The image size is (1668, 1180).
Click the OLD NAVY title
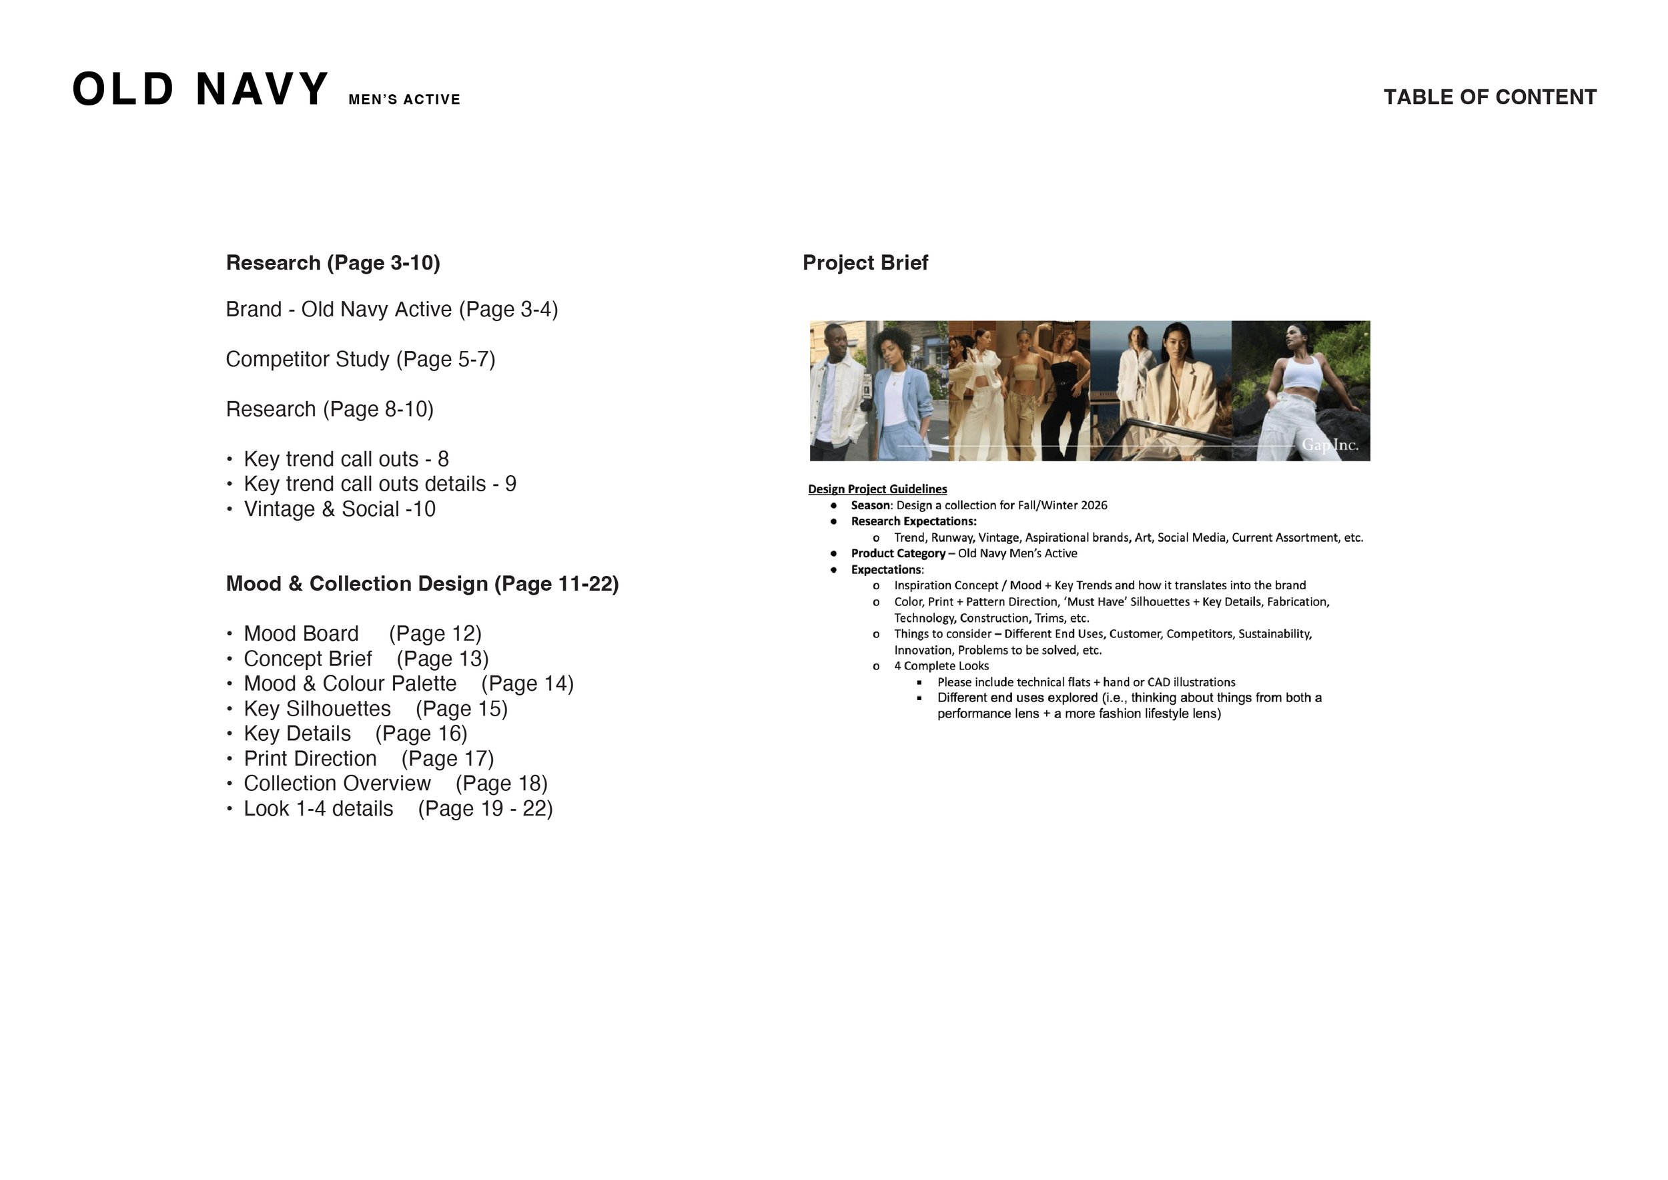pyautogui.click(x=201, y=90)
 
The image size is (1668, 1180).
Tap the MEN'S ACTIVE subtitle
pyautogui.click(x=404, y=99)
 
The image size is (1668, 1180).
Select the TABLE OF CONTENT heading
pyautogui.click(x=1489, y=97)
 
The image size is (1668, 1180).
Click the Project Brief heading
pyautogui.click(x=865, y=262)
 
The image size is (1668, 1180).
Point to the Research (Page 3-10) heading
pyautogui.click(x=333, y=262)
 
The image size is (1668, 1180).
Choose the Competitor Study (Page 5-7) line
pyautogui.click(x=360, y=359)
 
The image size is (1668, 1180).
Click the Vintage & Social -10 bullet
pyautogui.click(x=339, y=509)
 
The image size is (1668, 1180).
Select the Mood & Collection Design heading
pyautogui.click(x=422, y=583)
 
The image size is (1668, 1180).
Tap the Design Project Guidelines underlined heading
pyautogui.click(x=877, y=489)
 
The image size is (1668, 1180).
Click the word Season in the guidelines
pyautogui.click(x=870, y=505)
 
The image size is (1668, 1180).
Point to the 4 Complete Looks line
pyautogui.click(x=941, y=665)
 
